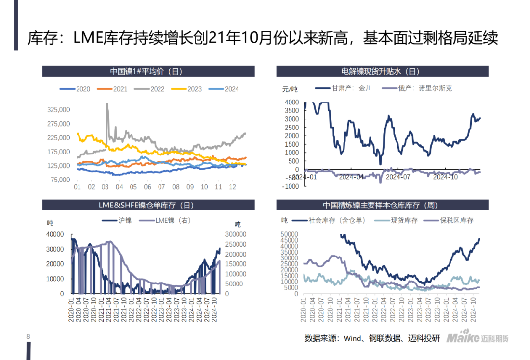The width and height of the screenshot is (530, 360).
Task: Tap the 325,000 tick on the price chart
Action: (x=58, y=109)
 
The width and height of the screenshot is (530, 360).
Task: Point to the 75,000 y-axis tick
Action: (x=60, y=180)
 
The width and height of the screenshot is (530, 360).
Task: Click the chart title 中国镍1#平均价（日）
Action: (x=148, y=71)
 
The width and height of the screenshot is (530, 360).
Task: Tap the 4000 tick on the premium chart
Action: (x=291, y=102)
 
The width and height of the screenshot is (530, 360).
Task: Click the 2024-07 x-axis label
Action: (x=398, y=177)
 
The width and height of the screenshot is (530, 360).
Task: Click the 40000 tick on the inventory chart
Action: (x=54, y=234)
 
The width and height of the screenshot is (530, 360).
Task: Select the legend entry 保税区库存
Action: (x=456, y=221)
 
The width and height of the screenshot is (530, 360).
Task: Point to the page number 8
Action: (x=28, y=337)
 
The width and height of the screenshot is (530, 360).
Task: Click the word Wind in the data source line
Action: (x=352, y=338)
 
